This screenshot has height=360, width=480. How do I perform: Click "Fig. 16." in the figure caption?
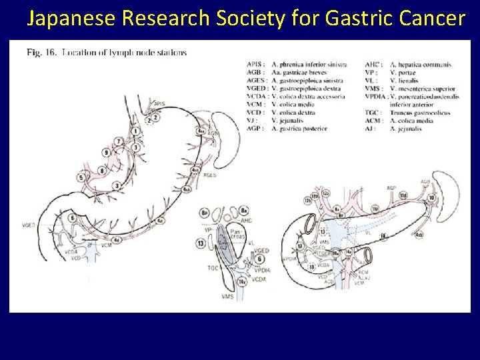(x=41, y=52)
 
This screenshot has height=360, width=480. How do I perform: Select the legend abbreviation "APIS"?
(x=254, y=65)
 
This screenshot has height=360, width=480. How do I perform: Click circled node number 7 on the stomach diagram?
(x=119, y=141)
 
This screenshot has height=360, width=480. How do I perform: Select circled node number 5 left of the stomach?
(x=81, y=177)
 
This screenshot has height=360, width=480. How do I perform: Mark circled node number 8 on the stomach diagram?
(x=101, y=171)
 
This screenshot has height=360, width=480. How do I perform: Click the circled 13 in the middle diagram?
(x=201, y=244)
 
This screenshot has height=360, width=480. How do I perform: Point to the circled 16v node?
(x=243, y=283)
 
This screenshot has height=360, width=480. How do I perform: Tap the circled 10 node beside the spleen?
(x=432, y=198)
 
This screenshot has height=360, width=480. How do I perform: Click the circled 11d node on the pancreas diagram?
(x=403, y=195)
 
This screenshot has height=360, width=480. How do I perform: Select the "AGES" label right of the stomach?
(x=210, y=175)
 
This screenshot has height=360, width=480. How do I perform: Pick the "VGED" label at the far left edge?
(x=29, y=225)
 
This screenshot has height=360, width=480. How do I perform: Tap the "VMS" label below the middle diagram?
(x=228, y=297)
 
